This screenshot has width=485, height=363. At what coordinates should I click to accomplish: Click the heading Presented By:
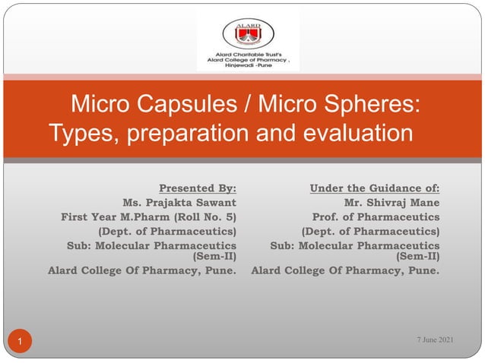197,187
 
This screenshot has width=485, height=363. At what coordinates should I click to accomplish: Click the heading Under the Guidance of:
375,187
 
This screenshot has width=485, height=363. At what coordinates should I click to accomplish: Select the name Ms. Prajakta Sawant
179,202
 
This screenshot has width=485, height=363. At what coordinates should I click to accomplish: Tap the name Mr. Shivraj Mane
391,202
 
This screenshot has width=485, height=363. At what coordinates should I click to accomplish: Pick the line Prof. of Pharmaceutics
376,216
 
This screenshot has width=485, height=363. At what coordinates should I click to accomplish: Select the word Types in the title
83,134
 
